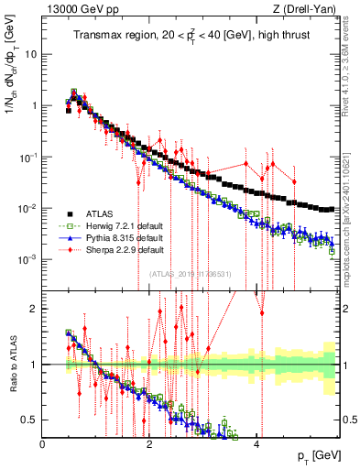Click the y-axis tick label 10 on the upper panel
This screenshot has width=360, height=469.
point(30,53)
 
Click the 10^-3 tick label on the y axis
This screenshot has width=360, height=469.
point(27,259)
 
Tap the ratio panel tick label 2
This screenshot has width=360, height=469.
point(34,309)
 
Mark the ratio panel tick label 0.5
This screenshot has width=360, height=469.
point(30,420)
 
